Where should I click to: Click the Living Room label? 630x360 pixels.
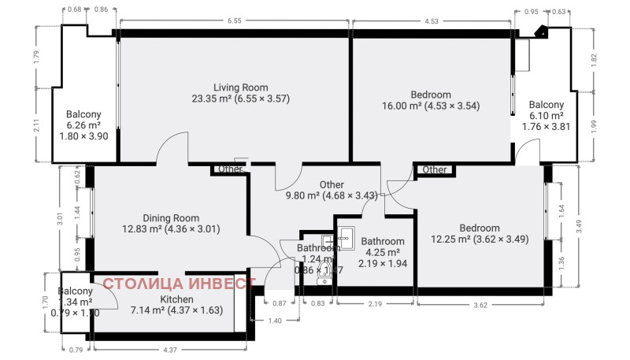(x=241, y=87)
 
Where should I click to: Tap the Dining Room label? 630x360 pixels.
(x=171, y=218)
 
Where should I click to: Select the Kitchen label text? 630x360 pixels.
(x=177, y=300)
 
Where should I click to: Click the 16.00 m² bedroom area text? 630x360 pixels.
(x=430, y=106)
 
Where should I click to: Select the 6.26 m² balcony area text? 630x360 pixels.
(x=83, y=124)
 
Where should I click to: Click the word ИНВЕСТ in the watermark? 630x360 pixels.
(x=218, y=284)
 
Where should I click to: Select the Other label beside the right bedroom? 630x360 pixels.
(x=435, y=169)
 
